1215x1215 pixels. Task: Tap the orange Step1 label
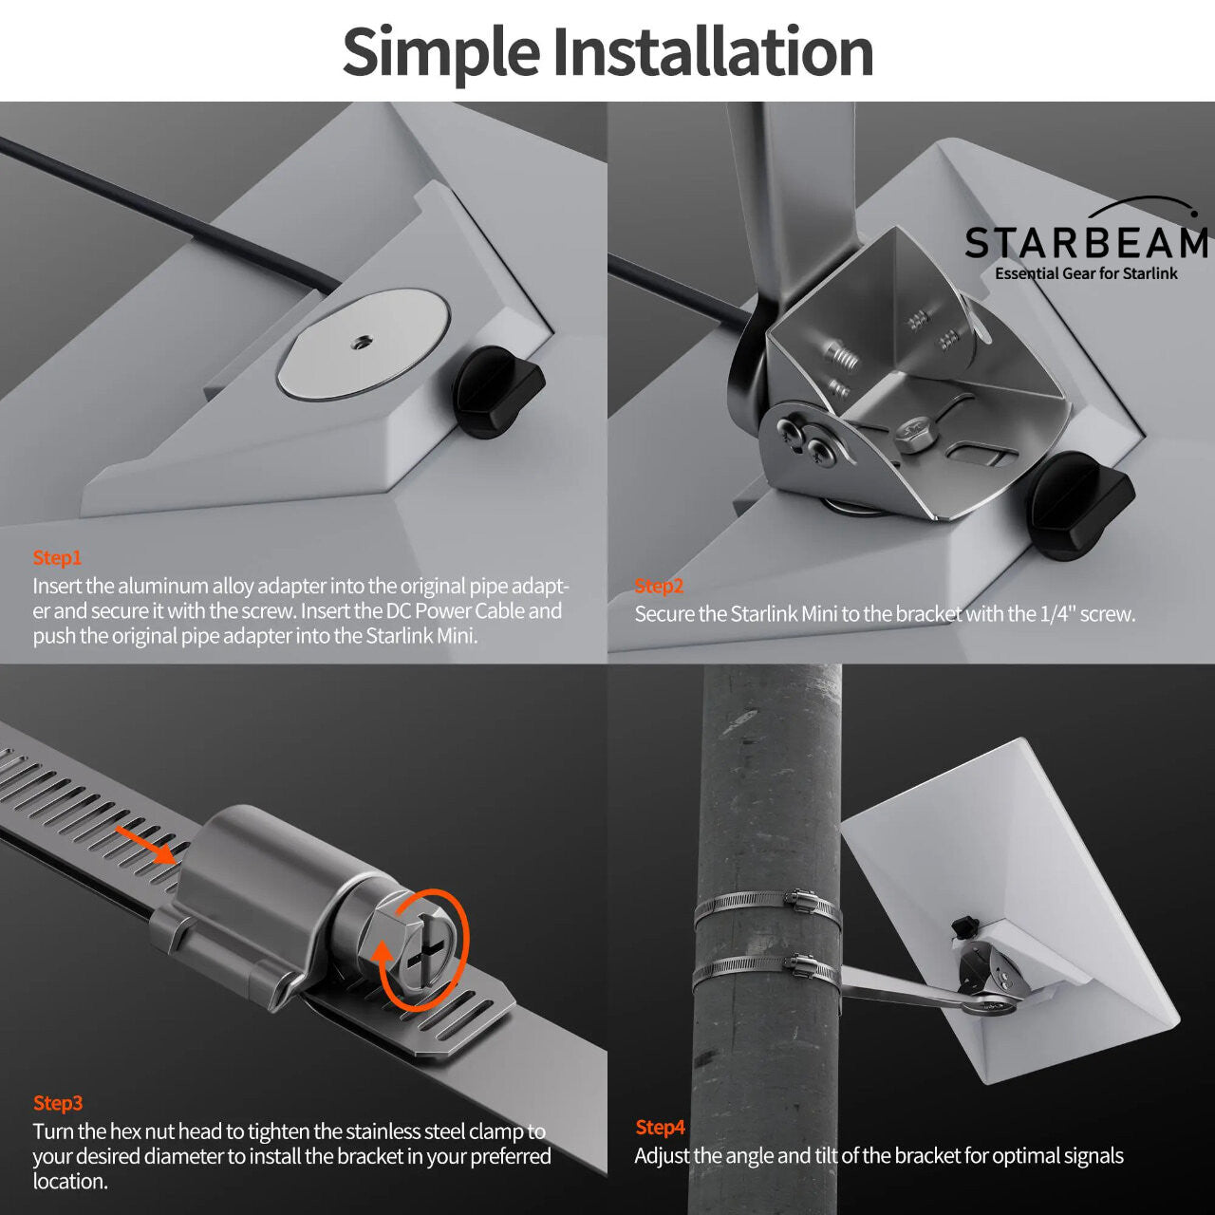57,558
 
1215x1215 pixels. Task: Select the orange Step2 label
659,587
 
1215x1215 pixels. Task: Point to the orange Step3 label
58,1103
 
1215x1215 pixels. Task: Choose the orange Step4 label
660,1128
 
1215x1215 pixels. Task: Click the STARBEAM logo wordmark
1085,243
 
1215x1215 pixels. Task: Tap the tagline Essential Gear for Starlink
1085,273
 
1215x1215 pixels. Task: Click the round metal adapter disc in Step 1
362,344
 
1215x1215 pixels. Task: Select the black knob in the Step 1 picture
495,390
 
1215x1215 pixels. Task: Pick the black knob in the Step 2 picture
1080,505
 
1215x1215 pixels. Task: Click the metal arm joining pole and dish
902,989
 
